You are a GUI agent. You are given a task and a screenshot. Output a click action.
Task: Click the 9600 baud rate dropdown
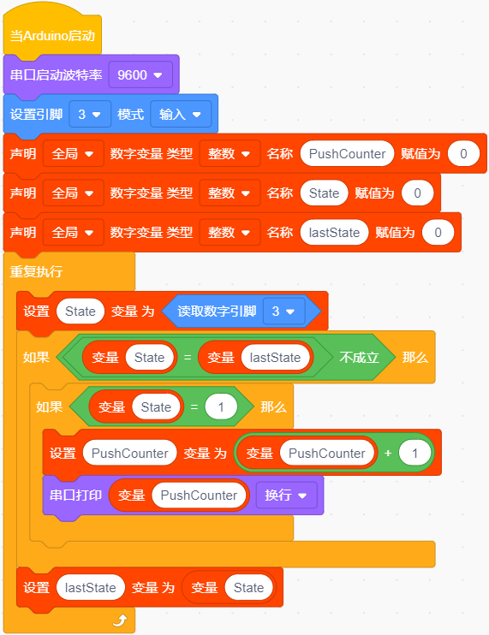click(x=140, y=75)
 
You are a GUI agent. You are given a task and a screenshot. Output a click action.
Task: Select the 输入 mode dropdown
click(x=181, y=115)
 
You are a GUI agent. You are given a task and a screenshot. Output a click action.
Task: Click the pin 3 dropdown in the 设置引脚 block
click(x=90, y=115)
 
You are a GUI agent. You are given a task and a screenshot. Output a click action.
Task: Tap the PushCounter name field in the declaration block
click(x=347, y=154)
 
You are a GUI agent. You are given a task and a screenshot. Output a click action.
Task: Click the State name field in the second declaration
click(x=324, y=193)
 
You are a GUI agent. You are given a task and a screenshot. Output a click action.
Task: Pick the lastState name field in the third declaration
click(x=334, y=233)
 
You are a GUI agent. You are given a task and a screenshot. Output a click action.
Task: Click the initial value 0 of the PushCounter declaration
click(x=463, y=154)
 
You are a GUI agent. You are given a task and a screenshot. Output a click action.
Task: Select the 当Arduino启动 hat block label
click(x=52, y=36)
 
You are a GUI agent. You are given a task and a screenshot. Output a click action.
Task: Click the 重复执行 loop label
click(x=36, y=271)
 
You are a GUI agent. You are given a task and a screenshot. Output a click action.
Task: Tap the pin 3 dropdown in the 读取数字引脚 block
click(x=283, y=312)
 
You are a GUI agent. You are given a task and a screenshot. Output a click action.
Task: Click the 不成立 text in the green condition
click(x=359, y=357)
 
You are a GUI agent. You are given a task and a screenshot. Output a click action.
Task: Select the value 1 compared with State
click(x=221, y=407)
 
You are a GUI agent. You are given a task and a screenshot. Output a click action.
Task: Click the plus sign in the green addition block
click(x=388, y=454)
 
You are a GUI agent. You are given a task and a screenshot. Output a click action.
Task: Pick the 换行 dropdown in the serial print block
click(x=286, y=496)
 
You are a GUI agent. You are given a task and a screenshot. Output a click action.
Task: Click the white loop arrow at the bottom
click(x=121, y=620)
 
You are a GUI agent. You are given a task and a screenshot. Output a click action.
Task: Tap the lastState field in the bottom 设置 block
click(x=90, y=588)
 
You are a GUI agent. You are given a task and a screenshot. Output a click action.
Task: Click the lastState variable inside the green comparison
click(x=275, y=358)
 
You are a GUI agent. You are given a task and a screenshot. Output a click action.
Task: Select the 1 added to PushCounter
click(x=414, y=454)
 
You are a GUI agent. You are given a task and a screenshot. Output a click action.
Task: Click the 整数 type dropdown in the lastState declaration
click(x=230, y=233)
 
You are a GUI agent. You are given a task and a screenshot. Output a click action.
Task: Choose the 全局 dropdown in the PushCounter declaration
click(x=74, y=154)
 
